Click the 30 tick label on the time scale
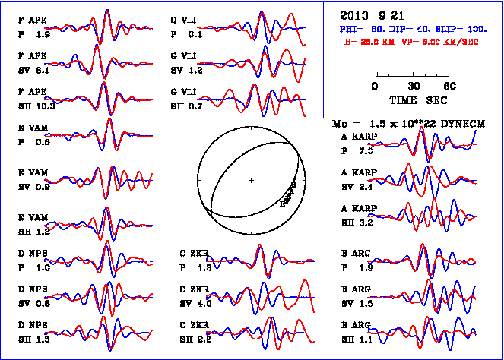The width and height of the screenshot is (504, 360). click(414, 86)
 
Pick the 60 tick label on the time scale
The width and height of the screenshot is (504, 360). click(450, 86)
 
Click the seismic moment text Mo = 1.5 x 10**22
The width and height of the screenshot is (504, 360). click(388, 123)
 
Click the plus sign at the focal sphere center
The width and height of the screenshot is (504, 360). click(251, 180)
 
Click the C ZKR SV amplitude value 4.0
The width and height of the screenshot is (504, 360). click(204, 304)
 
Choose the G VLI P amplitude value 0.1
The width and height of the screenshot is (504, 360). click(195, 34)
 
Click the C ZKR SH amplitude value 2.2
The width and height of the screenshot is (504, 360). click(204, 339)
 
